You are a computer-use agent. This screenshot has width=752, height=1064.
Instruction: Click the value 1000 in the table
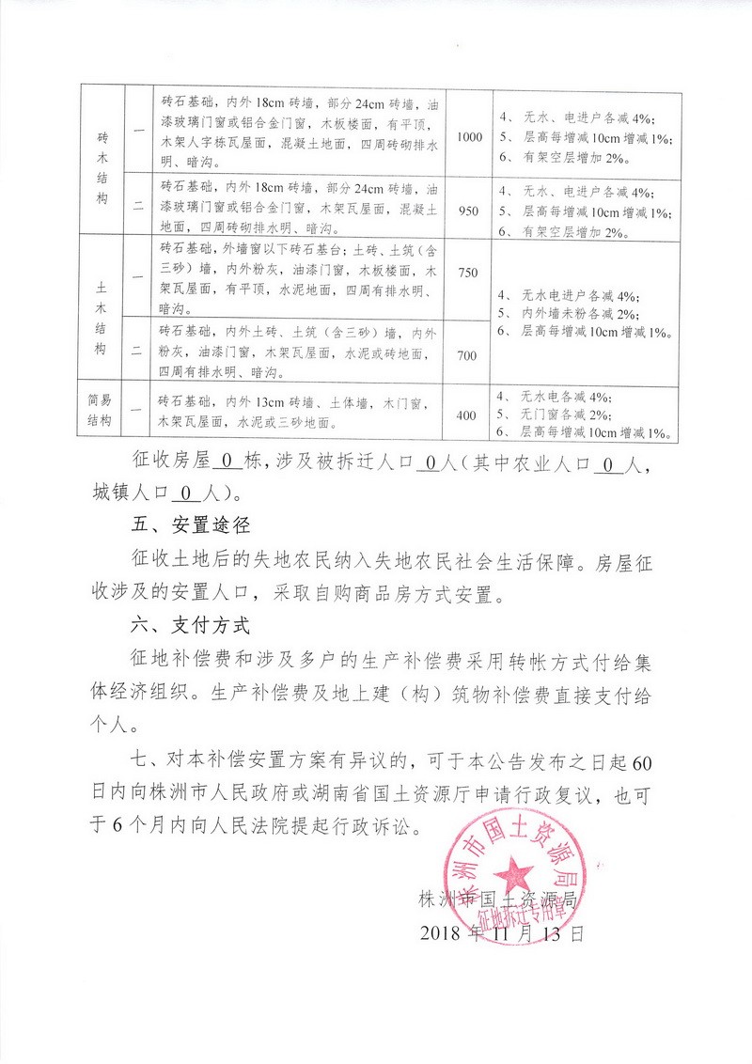469,137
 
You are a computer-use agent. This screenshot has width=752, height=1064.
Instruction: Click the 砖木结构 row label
102,167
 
